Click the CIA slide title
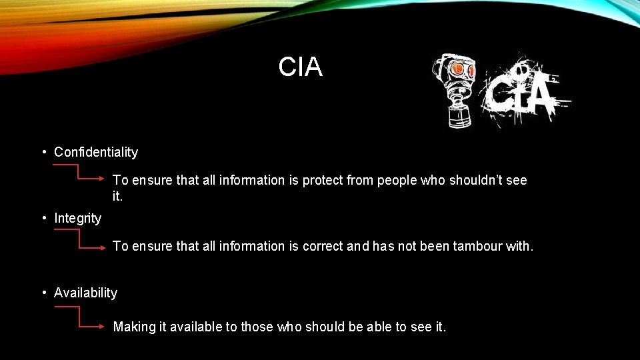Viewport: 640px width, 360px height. pos(300,67)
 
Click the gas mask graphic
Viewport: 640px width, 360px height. pos(455,89)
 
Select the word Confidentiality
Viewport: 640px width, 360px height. pos(96,152)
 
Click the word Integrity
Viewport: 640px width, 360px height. pos(78,218)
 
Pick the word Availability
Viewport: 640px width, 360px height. pos(85,293)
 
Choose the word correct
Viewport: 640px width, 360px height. pos(325,247)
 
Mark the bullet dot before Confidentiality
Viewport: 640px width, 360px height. pos(44,152)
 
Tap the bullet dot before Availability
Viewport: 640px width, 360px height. pos(44,293)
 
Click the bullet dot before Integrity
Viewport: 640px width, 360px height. pos(44,218)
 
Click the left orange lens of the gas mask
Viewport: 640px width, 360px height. pos(457,69)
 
